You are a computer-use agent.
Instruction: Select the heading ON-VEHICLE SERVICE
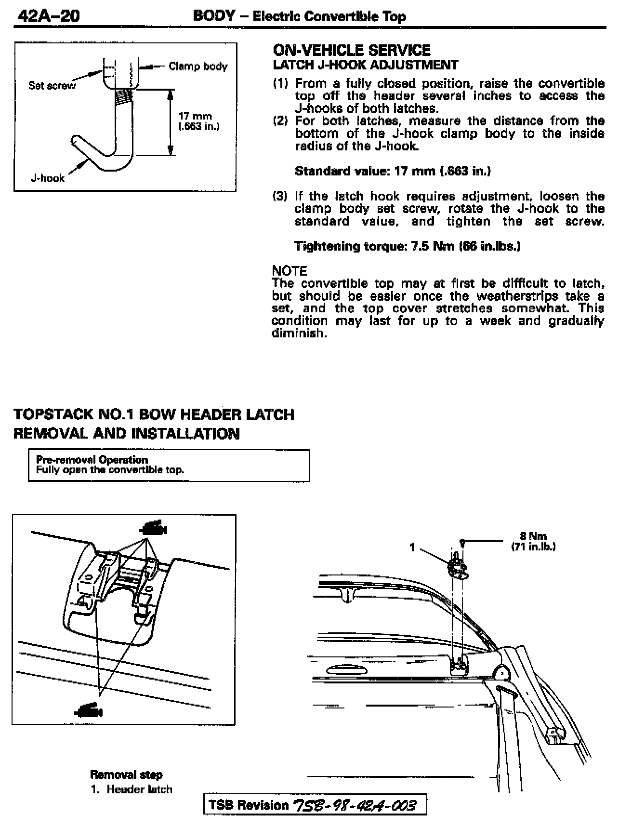(352, 50)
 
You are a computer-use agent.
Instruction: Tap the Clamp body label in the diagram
(197, 67)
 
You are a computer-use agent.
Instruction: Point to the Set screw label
(52, 85)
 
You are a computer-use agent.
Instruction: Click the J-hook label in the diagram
(47, 178)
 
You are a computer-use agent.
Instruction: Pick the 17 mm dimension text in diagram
(195, 116)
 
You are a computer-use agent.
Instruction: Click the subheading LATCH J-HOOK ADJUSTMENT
(366, 65)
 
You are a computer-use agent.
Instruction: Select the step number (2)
(280, 120)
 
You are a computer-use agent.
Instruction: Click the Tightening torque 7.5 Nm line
(408, 246)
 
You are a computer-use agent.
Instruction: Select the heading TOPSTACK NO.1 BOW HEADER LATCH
(154, 414)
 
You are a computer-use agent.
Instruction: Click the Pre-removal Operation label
(92, 459)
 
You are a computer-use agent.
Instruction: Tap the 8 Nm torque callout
(533, 536)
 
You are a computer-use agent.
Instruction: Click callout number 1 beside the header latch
(412, 547)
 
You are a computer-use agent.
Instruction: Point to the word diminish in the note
(299, 333)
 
